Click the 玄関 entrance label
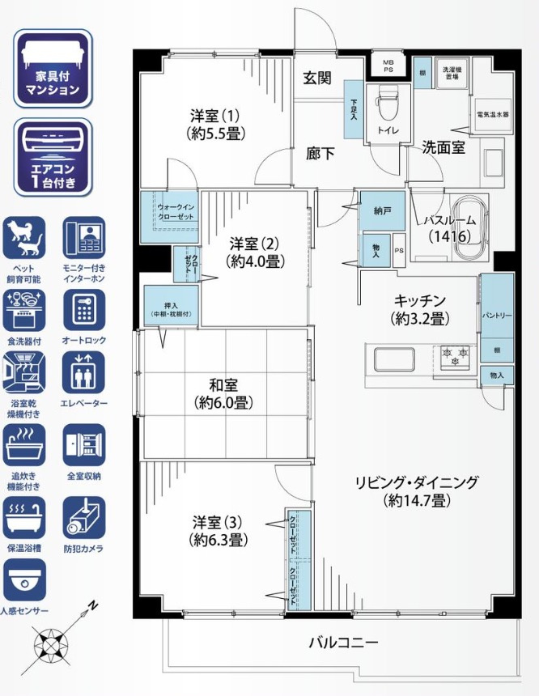[x=317, y=79]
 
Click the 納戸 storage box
[x=382, y=210]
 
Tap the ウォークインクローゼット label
[x=175, y=212]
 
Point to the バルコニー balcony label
[x=343, y=643]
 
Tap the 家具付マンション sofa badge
[x=52, y=68]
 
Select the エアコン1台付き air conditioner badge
[x=52, y=156]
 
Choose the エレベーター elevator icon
[x=83, y=371]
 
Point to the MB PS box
[x=388, y=66]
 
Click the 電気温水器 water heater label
[x=492, y=115]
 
